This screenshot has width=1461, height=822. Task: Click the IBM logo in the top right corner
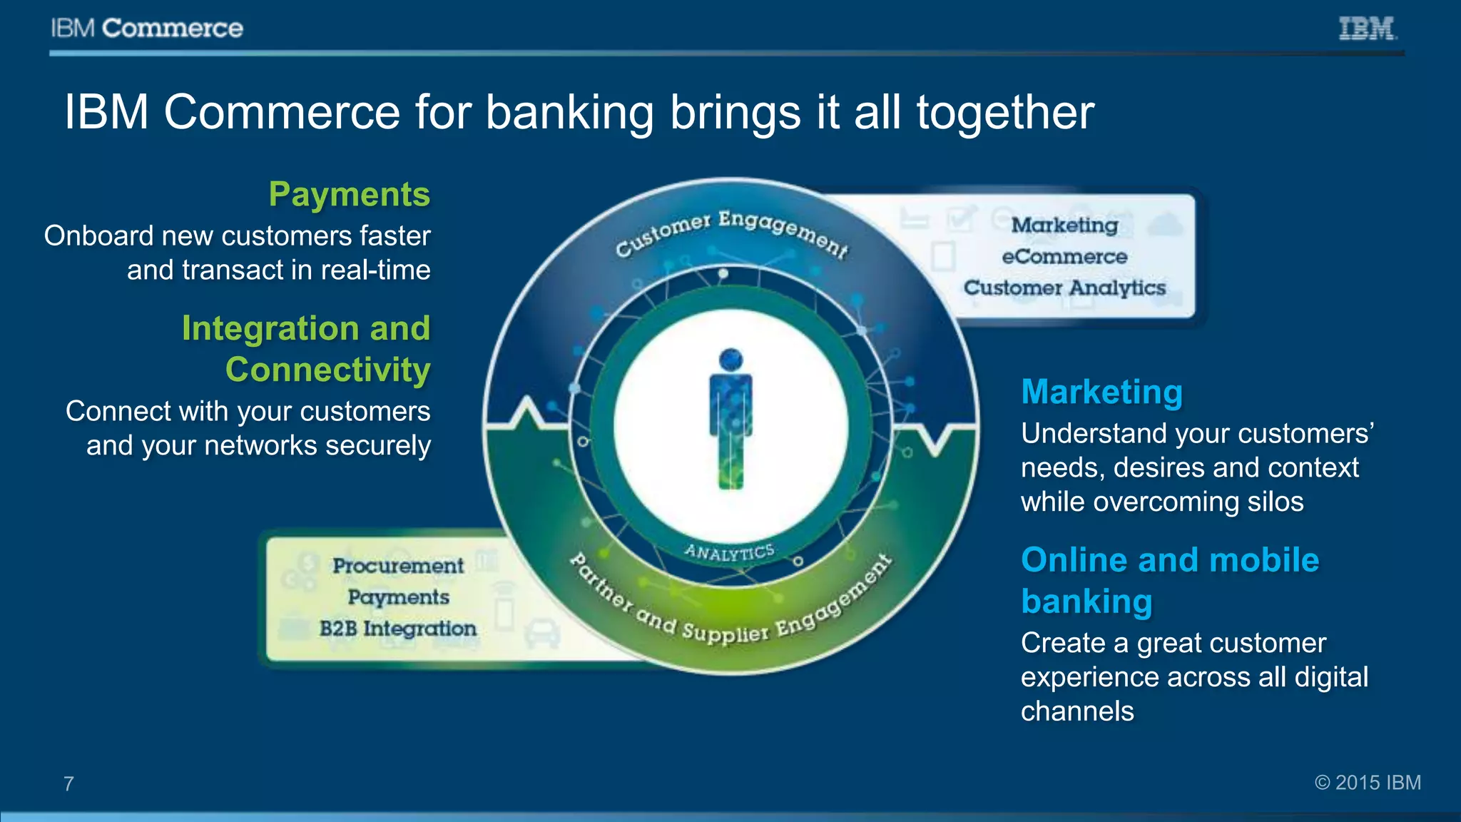pyautogui.click(x=1367, y=29)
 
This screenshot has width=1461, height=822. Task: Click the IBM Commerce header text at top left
pyautogui.click(x=147, y=29)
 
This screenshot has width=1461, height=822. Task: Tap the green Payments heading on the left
pyautogui.click(x=349, y=194)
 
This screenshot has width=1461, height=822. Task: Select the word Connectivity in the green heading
pyautogui.click(x=327, y=370)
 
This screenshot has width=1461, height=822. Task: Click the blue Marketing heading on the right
pyautogui.click(x=1101, y=392)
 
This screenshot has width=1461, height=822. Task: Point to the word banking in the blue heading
pyautogui.click(x=1086, y=602)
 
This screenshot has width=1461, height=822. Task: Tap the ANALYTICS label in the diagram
pyautogui.click(x=729, y=552)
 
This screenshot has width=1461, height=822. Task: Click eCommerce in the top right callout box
pyautogui.click(x=1064, y=256)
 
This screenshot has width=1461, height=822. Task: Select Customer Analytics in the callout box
pyautogui.click(x=1064, y=288)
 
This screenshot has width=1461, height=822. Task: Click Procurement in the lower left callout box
pyautogui.click(x=398, y=566)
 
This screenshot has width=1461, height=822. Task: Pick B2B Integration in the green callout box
pyautogui.click(x=397, y=629)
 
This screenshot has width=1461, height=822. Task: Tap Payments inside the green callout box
pyautogui.click(x=398, y=597)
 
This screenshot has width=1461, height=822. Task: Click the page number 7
pyautogui.click(x=68, y=784)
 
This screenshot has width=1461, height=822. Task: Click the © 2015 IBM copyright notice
pyautogui.click(x=1368, y=783)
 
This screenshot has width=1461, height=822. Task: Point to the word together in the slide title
pyautogui.click(x=1004, y=113)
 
